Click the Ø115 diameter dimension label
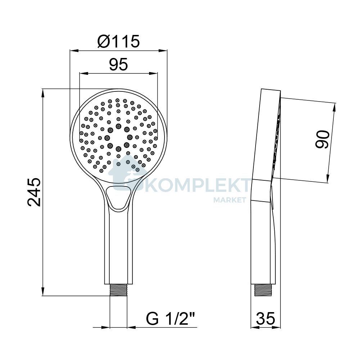point(118,41)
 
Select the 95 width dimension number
point(118,64)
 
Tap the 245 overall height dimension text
point(34,192)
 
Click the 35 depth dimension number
point(265,318)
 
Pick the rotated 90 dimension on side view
point(322,140)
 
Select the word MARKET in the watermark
point(230,200)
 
